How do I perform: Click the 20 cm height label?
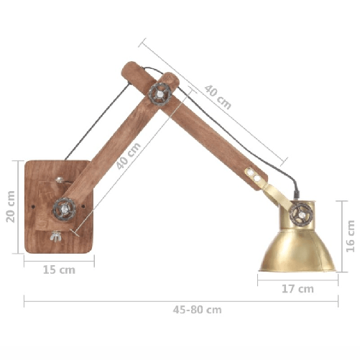click(x=11, y=206)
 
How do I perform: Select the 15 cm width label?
click(x=59, y=270)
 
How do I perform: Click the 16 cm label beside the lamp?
click(x=350, y=236)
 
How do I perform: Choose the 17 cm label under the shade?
click(x=297, y=289)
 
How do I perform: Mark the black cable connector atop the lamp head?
click(x=296, y=195)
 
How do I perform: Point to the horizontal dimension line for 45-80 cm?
click(x=108, y=302)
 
